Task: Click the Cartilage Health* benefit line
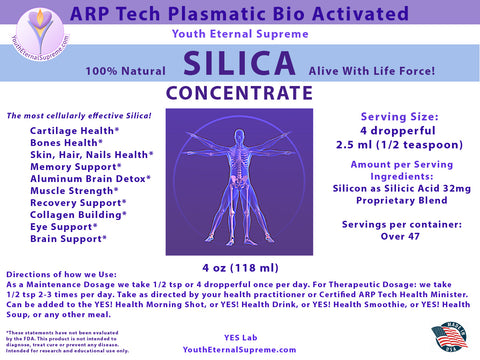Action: [76, 131]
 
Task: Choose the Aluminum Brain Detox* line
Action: [91, 179]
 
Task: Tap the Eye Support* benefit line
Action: [65, 227]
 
